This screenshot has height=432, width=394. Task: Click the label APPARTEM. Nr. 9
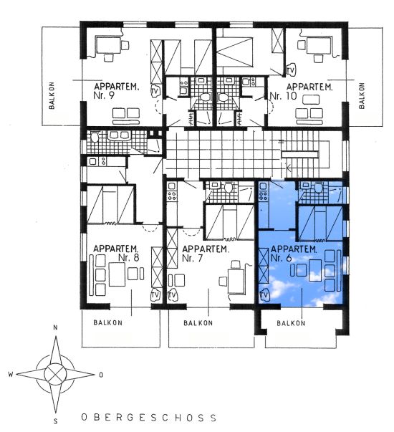tap(116, 91)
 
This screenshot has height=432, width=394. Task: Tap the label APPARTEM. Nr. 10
tap(301, 91)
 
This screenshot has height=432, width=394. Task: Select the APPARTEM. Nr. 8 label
tap(116, 253)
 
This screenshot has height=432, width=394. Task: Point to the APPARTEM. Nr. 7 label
tap(206, 254)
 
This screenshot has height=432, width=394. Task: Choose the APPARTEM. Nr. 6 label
tap(294, 254)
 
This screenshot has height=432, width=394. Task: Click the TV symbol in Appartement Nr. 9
tap(155, 91)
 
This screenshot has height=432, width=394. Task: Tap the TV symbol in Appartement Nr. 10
tap(290, 70)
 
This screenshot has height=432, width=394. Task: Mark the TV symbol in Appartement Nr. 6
tap(264, 295)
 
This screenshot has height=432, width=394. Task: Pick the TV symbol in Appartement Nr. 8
tap(155, 294)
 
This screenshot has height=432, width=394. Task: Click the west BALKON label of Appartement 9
tap(52, 95)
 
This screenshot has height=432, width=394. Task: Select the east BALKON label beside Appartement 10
tap(362, 95)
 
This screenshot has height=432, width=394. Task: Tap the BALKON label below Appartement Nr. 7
tap(198, 323)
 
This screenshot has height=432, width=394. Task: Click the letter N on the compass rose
tap(55, 327)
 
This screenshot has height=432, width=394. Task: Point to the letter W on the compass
tap(11, 374)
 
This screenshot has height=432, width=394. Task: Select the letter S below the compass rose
tap(56, 421)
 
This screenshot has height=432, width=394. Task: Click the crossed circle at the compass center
tap(55, 374)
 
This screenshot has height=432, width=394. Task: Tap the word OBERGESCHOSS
tap(149, 417)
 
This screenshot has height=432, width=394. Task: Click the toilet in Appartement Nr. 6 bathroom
tap(319, 188)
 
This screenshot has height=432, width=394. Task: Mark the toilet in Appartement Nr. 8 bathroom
tap(95, 137)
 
